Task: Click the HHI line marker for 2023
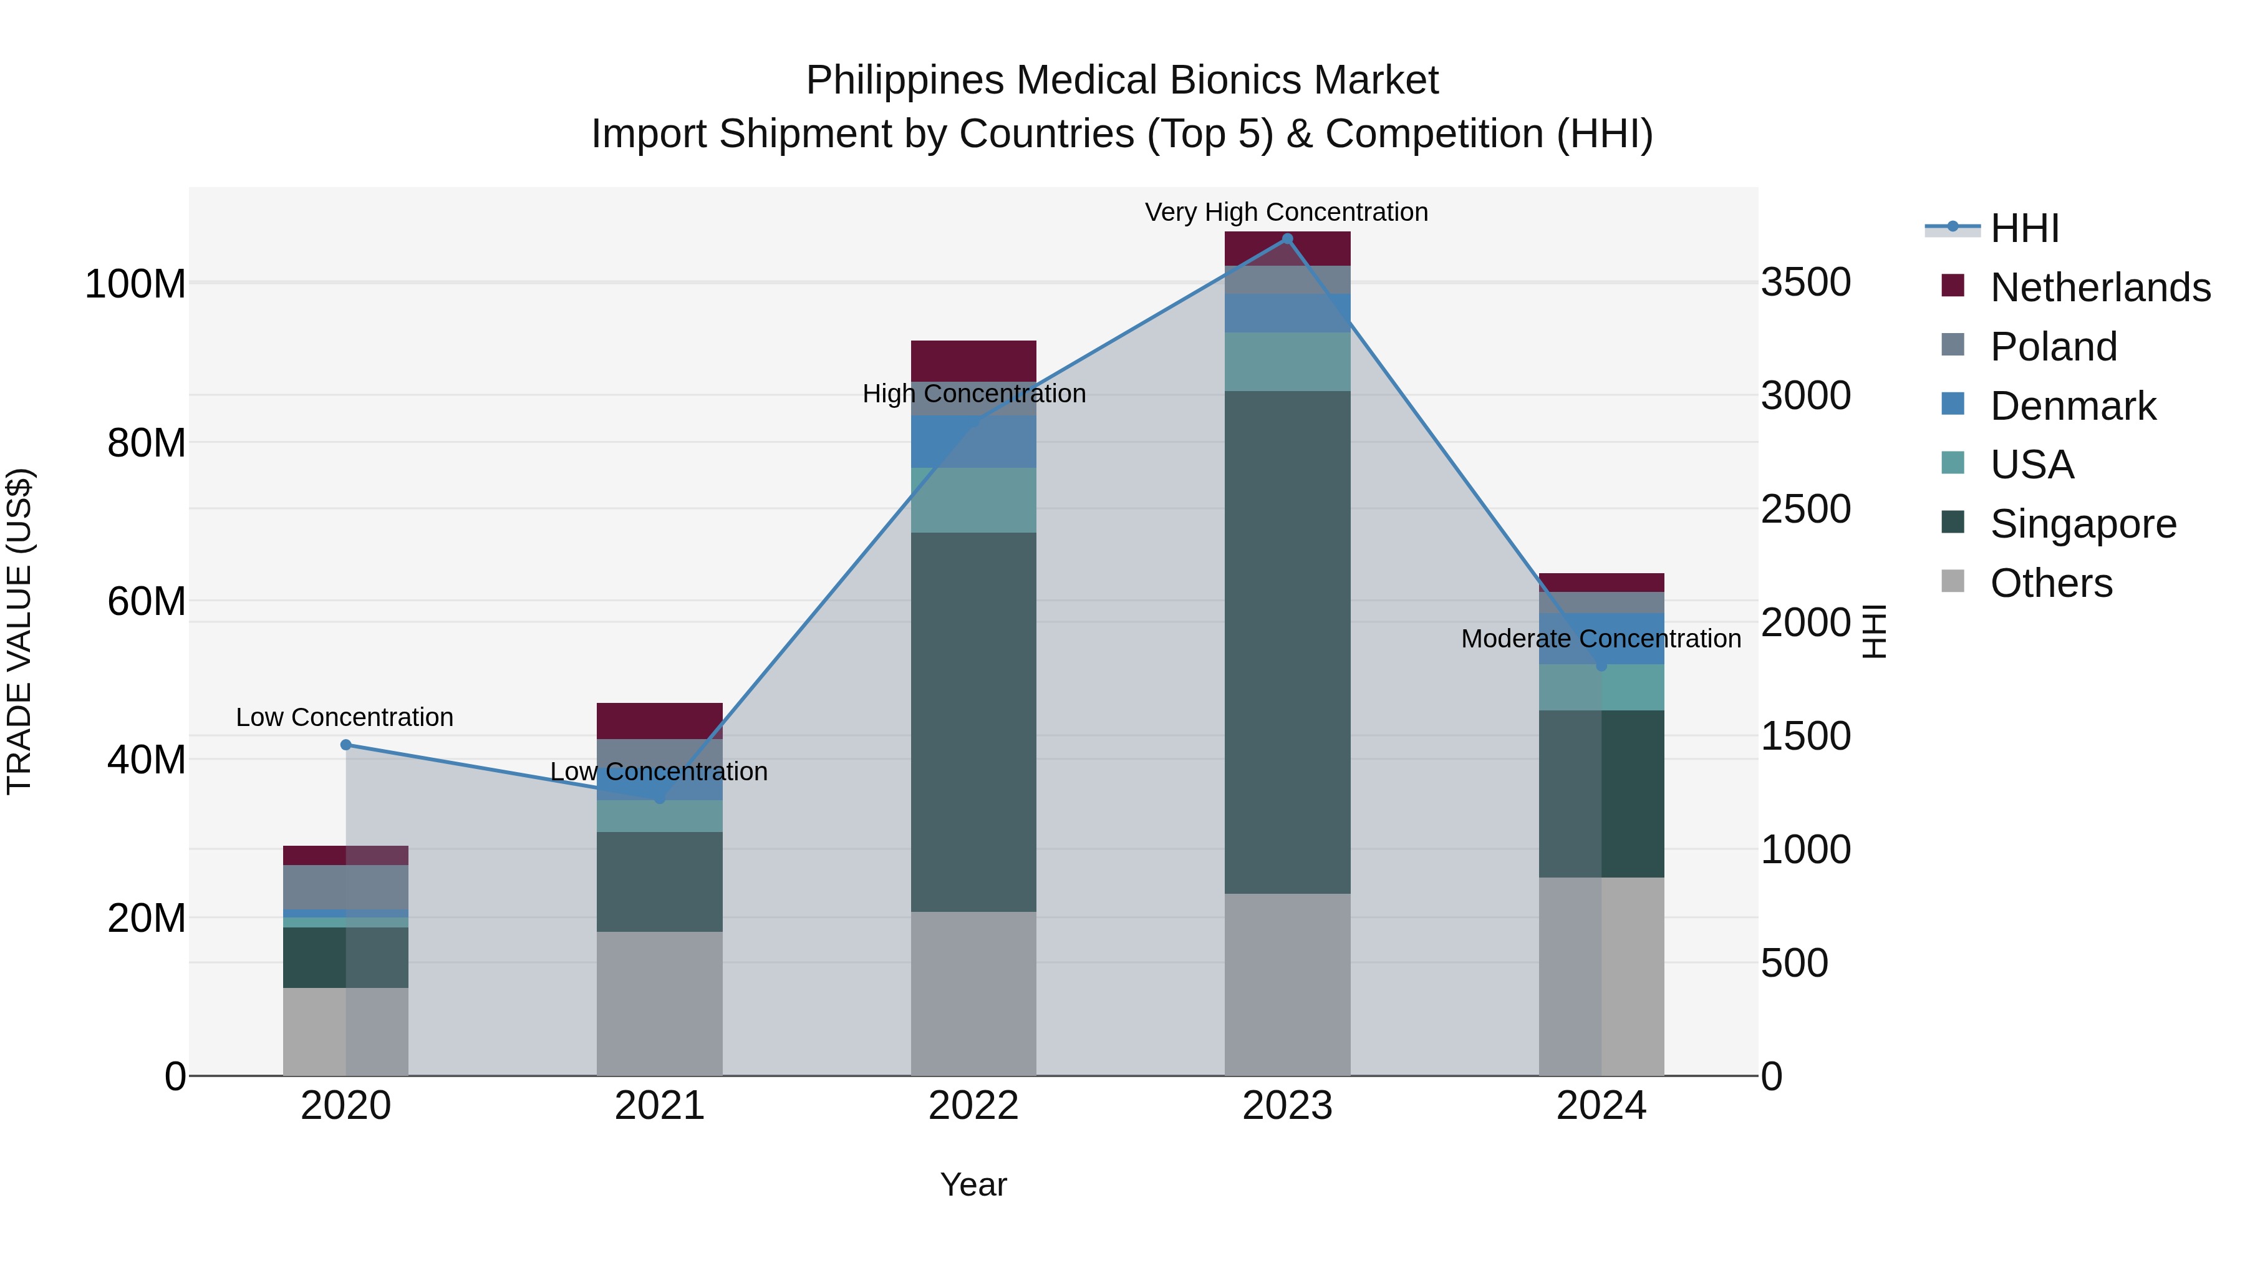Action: coord(1287,239)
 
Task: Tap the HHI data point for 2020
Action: coord(346,744)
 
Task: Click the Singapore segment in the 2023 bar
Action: coord(1287,642)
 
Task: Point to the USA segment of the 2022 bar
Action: coord(973,500)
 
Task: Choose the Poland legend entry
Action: coord(2054,347)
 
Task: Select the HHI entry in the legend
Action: coord(2024,228)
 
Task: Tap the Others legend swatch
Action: coord(1953,581)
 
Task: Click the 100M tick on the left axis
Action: coord(135,285)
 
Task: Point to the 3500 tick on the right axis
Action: coord(1806,283)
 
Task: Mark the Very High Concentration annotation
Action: coord(1287,212)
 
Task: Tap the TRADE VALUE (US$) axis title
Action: coord(19,631)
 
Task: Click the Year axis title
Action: coord(973,1184)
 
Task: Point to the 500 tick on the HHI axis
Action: coord(1794,963)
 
